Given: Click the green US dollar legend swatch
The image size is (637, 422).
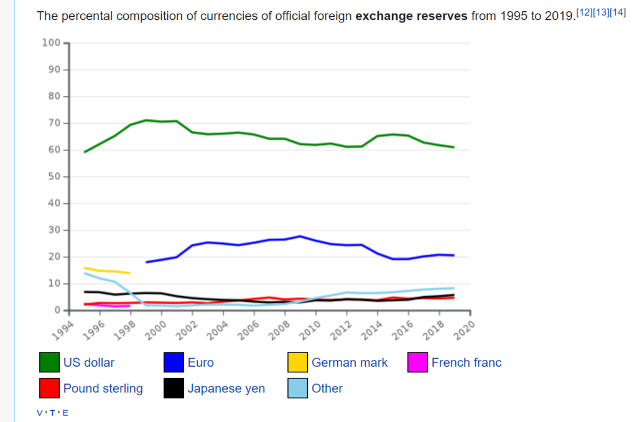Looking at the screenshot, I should pyautogui.click(x=49, y=362).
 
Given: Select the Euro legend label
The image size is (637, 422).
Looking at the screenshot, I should pyautogui.click(x=200, y=362).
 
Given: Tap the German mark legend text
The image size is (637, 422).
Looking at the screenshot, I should pyautogui.click(x=349, y=362).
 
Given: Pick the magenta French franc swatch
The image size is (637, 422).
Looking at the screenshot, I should pyautogui.click(x=417, y=362).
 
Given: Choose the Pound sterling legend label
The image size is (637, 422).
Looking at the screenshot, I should pyautogui.click(x=103, y=388).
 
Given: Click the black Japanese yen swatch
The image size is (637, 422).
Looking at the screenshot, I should pyautogui.click(x=174, y=388).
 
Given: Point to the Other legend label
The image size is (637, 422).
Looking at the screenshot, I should pyautogui.click(x=327, y=388).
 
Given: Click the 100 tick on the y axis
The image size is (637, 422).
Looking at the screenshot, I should pyautogui.click(x=51, y=43).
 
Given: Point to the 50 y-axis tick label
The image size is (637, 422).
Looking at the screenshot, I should pyautogui.click(x=53, y=177).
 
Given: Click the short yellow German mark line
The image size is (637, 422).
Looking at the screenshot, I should pyautogui.click(x=107, y=270).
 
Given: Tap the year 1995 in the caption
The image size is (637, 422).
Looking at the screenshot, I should pyautogui.click(x=509, y=16).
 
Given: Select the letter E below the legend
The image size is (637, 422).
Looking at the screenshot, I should pyautogui.click(x=65, y=413).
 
